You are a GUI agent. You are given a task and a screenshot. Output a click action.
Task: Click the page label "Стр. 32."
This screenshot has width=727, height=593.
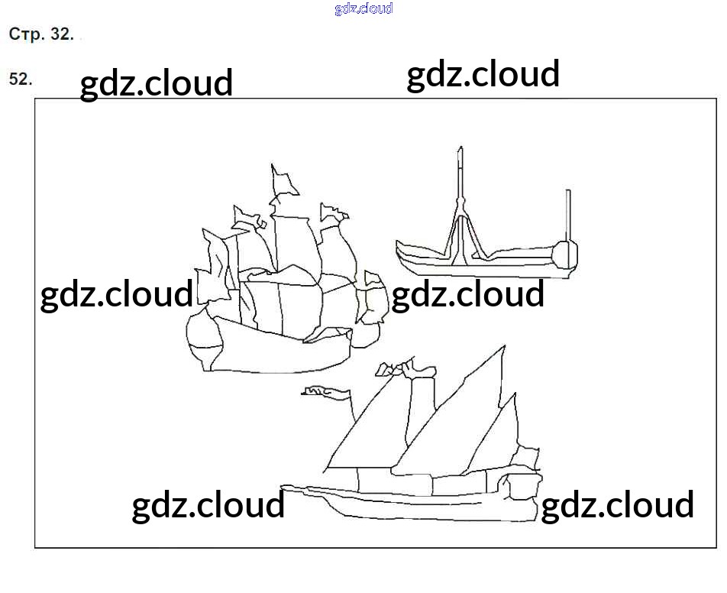coord(41,34)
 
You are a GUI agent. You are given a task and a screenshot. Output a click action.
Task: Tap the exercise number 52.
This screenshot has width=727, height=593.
coord(20,79)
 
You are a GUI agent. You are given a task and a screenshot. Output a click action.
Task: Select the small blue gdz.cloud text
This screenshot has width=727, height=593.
coord(363,8)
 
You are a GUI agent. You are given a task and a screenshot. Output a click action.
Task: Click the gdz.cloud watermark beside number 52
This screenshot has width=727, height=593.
coord(157,83)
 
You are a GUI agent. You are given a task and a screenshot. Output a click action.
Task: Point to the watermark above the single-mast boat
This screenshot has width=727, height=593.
coord(483,75)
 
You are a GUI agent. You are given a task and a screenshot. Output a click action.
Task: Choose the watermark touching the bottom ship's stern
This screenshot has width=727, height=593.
coord(617,506)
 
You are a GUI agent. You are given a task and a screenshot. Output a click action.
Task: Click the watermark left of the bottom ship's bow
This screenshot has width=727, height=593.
coord(208,506)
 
